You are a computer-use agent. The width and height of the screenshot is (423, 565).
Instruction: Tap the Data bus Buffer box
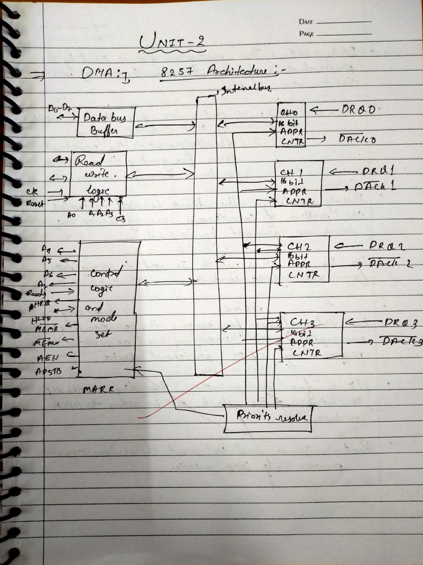click(106, 122)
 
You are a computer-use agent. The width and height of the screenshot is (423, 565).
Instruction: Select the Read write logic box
click(98, 174)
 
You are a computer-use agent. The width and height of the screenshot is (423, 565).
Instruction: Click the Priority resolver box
click(268, 419)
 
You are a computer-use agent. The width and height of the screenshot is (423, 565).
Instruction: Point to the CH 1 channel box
click(298, 183)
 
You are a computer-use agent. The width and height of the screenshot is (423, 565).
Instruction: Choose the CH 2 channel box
click(304, 259)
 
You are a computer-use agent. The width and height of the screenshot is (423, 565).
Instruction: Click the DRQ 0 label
click(359, 110)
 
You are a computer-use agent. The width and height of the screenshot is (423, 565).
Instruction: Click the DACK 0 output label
click(357, 140)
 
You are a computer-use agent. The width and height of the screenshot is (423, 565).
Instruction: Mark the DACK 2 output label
click(391, 264)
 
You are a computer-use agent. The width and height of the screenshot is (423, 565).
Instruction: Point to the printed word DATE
click(306, 22)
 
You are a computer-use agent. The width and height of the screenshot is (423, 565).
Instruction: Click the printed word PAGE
click(306, 34)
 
